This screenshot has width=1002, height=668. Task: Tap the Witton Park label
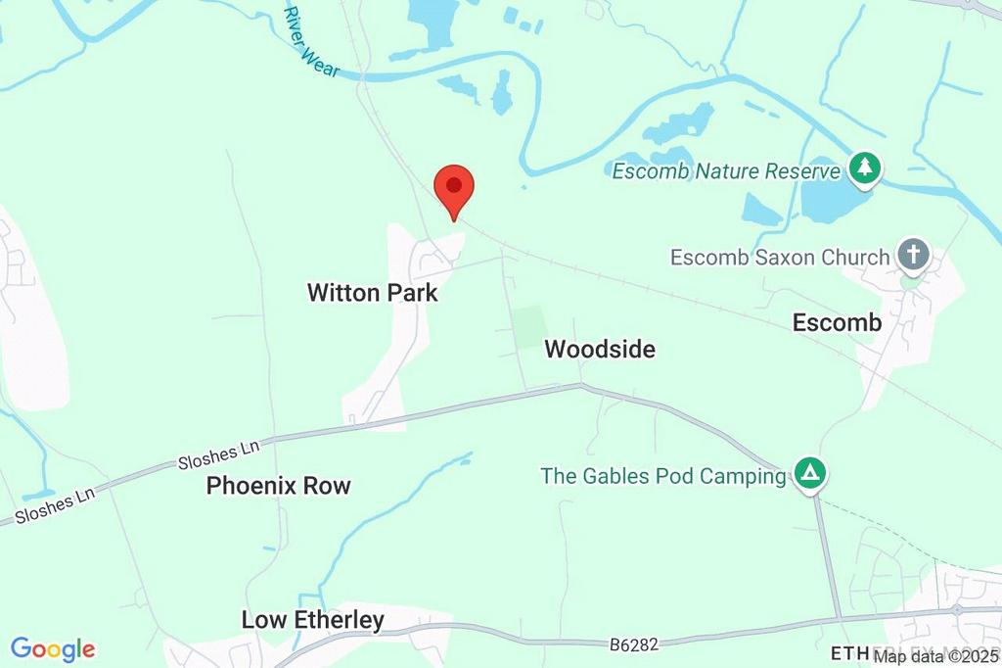(x=372, y=293)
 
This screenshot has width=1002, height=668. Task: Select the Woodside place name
(x=600, y=349)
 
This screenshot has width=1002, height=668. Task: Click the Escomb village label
(x=837, y=322)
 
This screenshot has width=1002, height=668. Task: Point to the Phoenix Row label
(x=278, y=486)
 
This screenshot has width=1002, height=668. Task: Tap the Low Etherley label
(x=312, y=620)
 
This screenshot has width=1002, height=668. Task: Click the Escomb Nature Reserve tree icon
(x=863, y=168)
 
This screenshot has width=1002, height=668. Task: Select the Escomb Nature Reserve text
(x=726, y=171)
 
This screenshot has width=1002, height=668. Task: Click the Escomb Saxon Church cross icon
(x=913, y=255)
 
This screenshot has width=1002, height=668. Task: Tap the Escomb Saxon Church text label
(x=780, y=258)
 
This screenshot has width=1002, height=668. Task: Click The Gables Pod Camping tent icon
(x=809, y=475)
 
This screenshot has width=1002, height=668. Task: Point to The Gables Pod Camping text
(x=663, y=477)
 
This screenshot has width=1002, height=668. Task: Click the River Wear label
(x=310, y=41)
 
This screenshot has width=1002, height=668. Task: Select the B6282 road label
(x=633, y=644)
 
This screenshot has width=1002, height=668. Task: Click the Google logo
(x=53, y=648)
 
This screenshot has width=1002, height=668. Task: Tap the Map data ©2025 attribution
(x=936, y=656)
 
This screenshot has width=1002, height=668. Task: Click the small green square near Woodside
(x=529, y=324)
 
